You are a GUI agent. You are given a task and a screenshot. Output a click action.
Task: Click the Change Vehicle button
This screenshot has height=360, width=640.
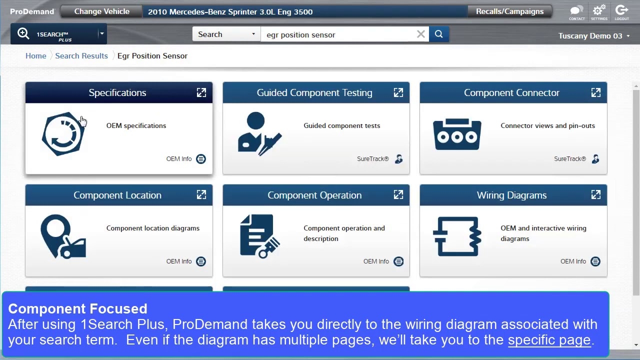[x=101, y=11]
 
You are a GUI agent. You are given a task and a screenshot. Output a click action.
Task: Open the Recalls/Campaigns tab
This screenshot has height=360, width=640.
[x=509, y=11]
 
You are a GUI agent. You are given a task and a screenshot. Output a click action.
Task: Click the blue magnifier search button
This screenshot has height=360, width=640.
[x=438, y=34]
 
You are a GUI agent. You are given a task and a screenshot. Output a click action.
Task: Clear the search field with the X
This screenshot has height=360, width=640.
[x=421, y=34]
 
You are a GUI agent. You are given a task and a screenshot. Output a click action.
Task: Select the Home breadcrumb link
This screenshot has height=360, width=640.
[x=36, y=55]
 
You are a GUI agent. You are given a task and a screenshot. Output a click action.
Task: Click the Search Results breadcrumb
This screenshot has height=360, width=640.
[x=81, y=55]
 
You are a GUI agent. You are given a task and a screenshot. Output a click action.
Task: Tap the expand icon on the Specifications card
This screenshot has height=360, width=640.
[x=201, y=92]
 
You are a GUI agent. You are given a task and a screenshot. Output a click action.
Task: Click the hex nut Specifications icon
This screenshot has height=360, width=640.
[x=63, y=134]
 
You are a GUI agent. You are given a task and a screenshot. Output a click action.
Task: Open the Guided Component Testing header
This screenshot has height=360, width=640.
[x=314, y=92]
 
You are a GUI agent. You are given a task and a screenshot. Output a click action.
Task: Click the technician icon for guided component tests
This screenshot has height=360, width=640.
[x=259, y=134]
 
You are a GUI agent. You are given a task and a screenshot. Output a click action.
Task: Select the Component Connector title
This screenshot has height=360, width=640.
[x=511, y=92]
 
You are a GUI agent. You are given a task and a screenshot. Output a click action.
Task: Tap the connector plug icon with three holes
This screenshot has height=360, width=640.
[x=457, y=134]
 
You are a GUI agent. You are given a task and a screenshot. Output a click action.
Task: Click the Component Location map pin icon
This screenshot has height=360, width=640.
[x=63, y=236]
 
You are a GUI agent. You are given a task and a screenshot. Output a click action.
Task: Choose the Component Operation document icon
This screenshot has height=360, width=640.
[x=259, y=236]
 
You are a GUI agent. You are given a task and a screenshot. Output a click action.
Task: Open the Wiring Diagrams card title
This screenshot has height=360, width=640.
[x=511, y=195]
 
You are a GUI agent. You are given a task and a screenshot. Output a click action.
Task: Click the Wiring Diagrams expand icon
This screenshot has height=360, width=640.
[x=595, y=195]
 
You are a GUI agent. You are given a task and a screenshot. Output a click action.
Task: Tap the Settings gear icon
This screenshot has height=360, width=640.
[x=598, y=11]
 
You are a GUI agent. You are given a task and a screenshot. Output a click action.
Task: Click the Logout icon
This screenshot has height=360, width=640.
[x=621, y=11]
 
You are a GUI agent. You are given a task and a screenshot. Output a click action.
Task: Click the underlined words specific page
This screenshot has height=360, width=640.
[x=549, y=340]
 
